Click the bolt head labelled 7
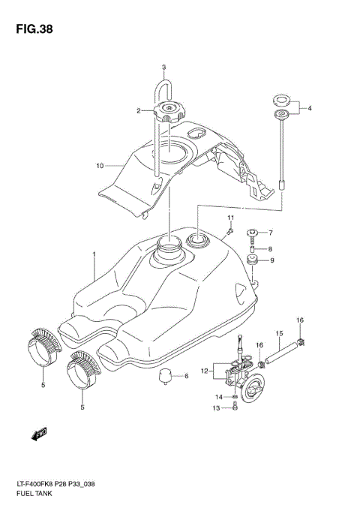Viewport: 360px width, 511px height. point(253,233)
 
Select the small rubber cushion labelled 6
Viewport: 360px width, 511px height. point(171,377)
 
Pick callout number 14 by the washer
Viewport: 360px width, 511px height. point(220,396)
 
